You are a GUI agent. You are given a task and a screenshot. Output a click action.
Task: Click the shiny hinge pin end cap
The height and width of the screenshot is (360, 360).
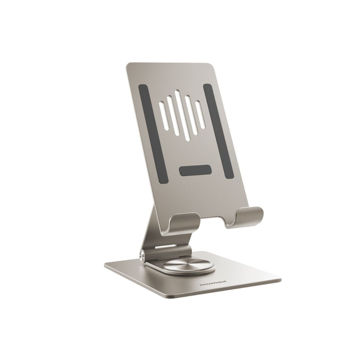coord(142,256)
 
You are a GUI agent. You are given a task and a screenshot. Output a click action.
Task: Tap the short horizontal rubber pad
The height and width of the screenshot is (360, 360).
coord(195,170)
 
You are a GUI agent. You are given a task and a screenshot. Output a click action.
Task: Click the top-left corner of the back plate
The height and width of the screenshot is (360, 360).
coord(129,64)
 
